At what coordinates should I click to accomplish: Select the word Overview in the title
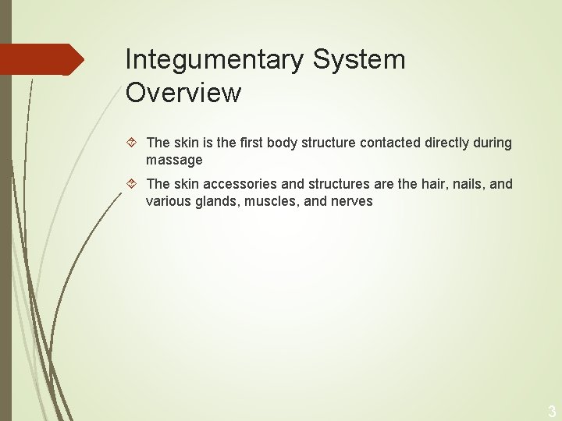(x=183, y=93)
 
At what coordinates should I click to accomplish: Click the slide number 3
(x=551, y=412)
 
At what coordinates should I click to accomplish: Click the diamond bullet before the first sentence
(x=133, y=143)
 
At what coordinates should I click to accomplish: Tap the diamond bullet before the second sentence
(x=133, y=184)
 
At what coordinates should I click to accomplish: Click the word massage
(x=174, y=160)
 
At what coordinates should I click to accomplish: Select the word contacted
(x=388, y=143)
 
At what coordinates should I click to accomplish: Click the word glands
(x=218, y=201)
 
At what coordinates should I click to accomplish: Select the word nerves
(x=353, y=201)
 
